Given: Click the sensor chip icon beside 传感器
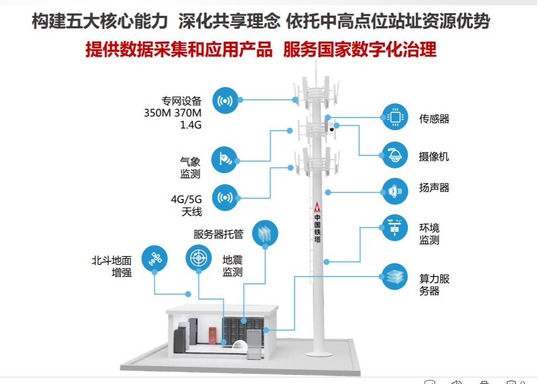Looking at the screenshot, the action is pyautogui.click(x=395, y=117).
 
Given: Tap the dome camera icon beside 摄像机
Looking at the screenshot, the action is pyautogui.click(x=395, y=155).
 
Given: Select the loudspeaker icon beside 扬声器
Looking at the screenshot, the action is pyautogui.click(x=395, y=191).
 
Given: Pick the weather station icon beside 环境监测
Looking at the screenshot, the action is pyautogui.click(x=395, y=228).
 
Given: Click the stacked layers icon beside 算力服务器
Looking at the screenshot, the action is pyautogui.click(x=395, y=277).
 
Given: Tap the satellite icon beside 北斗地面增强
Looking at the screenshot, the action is pyautogui.click(x=155, y=259).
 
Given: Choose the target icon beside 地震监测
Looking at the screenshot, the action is pyautogui.click(x=199, y=258).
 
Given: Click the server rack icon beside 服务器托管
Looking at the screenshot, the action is pyautogui.click(x=265, y=233).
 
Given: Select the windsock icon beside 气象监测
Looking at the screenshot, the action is pyautogui.click(x=224, y=159).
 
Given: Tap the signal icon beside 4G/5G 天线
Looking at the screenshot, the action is pyautogui.click(x=225, y=198).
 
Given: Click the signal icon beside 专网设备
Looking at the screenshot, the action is pyautogui.click(x=225, y=100).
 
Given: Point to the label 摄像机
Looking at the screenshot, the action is pyautogui.click(x=434, y=156).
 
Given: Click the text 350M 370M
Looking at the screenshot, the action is pyautogui.click(x=173, y=113).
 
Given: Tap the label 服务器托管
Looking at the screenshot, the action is pyautogui.click(x=219, y=234).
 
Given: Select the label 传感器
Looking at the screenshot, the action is pyautogui.click(x=434, y=119).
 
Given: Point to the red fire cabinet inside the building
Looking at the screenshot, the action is pyautogui.click(x=212, y=336).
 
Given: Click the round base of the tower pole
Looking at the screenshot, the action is pyautogui.click(x=319, y=354).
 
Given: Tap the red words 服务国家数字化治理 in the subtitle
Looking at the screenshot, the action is pyautogui.click(x=360, y=49).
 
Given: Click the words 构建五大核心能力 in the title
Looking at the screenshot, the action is pyautogui.click(x=100, y=21).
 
